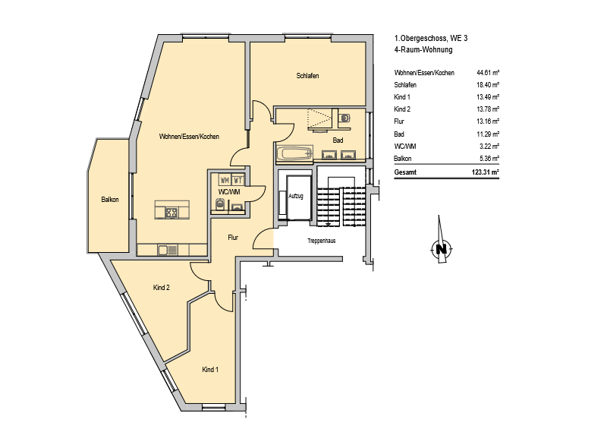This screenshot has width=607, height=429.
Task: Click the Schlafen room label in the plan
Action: point(307,76)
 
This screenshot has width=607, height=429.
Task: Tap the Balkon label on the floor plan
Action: point(110,200)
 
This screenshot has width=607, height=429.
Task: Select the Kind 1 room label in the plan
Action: point(210,369)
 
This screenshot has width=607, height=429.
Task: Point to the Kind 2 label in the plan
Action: point(162,288)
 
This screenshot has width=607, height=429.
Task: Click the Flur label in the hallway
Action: point(233,238)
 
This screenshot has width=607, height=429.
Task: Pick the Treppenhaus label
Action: point(321,241)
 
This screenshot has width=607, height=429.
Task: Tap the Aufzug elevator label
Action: point(296,196)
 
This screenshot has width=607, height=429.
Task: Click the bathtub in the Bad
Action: point(295,153)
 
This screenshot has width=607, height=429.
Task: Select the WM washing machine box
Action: point(225,180)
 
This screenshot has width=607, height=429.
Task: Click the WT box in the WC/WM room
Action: point(238,180)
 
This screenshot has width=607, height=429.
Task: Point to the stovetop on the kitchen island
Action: point(171,213)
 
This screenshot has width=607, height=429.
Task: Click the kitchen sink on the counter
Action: point(168,251)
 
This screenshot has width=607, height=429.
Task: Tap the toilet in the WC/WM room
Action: point(220,203)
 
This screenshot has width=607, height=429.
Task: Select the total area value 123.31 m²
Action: point(486,172)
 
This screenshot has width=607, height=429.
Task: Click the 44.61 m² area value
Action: point(488,72)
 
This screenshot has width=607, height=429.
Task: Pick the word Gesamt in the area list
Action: point(405,172)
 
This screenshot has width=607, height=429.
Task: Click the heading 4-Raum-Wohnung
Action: point(423,49)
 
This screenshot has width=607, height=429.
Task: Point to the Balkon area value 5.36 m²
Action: point(489,158)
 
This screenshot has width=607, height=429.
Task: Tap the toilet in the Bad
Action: point(344,118)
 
